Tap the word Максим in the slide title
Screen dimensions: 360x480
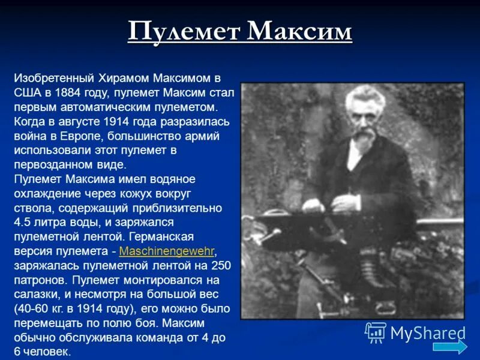(x=299, y=31)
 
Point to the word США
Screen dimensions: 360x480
(x=27, y=93)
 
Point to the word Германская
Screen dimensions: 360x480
(x=186, y=237)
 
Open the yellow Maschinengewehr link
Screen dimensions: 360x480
(x=167, y=251)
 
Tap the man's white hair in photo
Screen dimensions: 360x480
(x=362, y=96)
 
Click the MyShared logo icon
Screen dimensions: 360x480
(x=376, y=332)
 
